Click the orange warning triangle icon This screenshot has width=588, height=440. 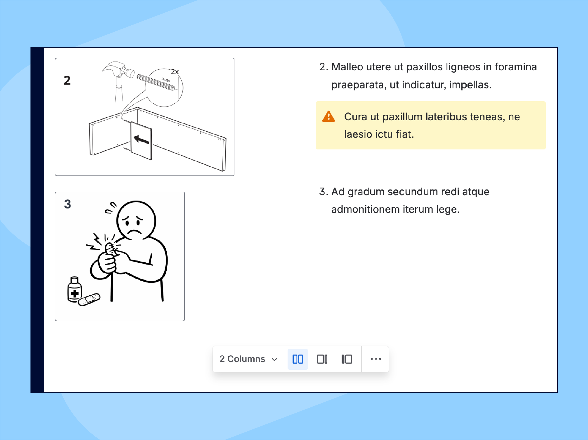pos(328,117)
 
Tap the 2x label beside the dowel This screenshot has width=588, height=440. pos(175,72)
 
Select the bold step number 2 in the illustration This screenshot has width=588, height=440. pos(67,80)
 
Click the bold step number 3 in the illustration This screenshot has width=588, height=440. pos(68,204)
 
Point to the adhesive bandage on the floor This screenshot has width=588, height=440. pos(89,300)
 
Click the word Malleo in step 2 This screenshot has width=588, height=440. pos(347,67)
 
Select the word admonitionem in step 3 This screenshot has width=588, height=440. pos(366,210)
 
